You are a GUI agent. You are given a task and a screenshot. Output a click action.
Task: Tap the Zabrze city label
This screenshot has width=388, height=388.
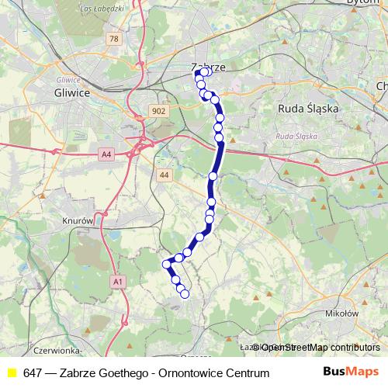click(208, 68)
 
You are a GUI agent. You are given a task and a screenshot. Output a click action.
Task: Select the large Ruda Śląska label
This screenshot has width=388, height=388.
click(308, 109)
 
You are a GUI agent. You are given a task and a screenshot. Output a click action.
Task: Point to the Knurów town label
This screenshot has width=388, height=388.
click(78, 220)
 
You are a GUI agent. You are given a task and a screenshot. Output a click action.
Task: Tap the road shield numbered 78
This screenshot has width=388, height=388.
click(114, 38)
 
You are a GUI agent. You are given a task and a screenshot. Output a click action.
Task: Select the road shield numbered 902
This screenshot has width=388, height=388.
click(159, 111)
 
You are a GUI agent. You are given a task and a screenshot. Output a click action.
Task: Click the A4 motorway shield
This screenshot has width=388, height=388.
click(107, 155)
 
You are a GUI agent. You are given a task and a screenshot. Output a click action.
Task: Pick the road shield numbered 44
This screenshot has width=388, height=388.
click(164, 175)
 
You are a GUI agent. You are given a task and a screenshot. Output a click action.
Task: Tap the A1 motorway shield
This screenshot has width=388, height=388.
click(117, 281)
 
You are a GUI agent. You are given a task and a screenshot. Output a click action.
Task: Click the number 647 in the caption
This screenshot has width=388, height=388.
click(33, 373)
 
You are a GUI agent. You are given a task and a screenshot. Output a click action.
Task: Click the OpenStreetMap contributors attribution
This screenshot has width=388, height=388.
click(319, 348)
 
